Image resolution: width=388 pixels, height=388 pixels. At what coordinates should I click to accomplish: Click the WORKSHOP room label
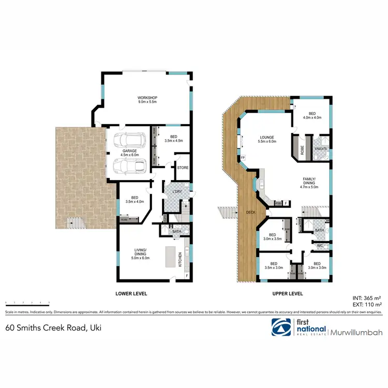point(147,98)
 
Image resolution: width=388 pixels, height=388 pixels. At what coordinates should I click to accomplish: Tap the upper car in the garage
point(130,140)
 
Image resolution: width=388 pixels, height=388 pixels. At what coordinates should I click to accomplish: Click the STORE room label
point(183,167)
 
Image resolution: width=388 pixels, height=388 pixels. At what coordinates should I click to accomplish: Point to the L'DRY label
point(175,192)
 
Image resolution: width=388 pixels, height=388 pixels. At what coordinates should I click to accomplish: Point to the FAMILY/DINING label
point(309,181)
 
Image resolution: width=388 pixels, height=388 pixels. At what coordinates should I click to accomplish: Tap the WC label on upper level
point(320,245)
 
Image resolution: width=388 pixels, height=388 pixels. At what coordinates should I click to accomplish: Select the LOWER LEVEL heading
point(131,293)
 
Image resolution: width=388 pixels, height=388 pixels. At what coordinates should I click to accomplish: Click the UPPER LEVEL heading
point(287,293)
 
